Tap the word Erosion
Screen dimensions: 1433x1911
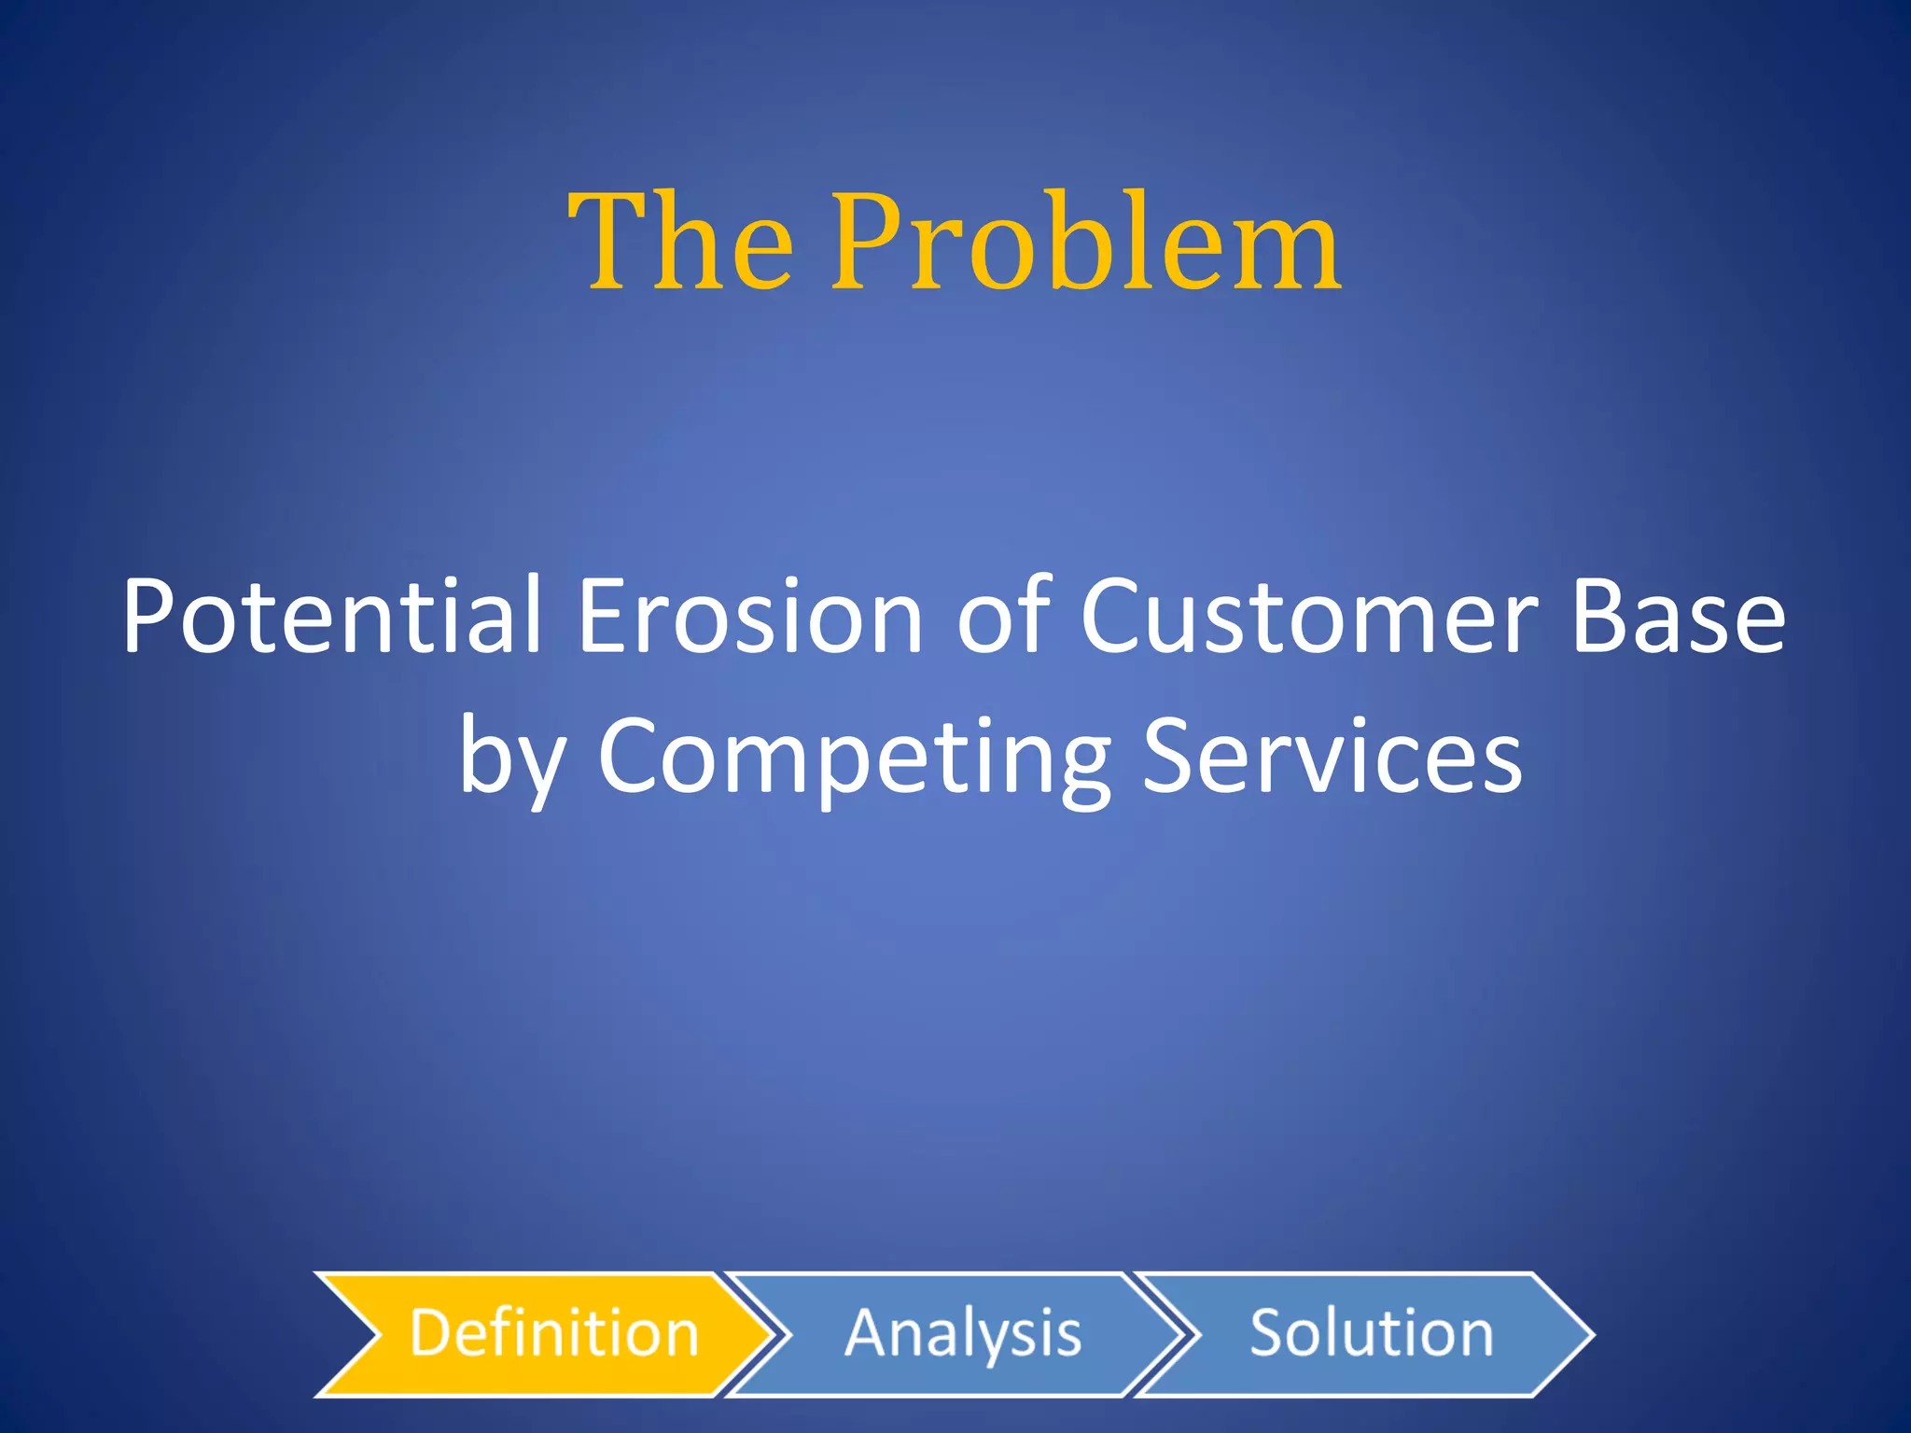750,616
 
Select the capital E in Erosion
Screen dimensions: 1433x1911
601,616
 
